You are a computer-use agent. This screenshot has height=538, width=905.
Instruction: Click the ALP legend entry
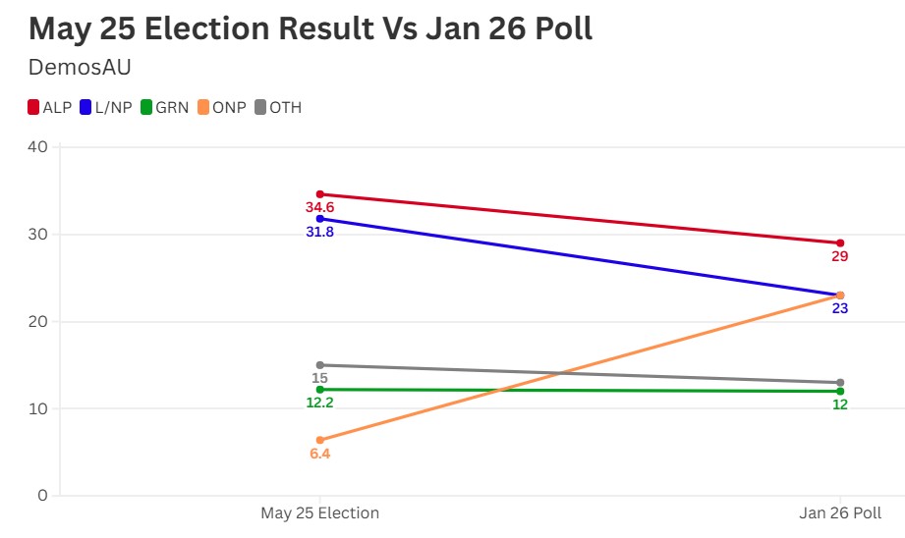tap(49, 108)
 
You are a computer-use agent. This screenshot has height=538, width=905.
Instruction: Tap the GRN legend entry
tap(164, 108)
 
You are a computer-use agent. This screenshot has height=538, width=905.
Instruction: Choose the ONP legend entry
tap(221, 108)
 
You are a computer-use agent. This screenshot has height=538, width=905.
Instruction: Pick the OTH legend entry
tap(278, 108)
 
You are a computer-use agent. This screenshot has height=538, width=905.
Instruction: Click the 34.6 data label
tap(319, 208)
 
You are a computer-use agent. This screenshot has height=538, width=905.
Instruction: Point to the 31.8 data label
tap(319, 233)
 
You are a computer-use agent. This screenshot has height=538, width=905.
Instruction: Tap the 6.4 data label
tap(319, 455)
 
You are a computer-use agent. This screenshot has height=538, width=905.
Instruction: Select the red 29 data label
tap(840, 257)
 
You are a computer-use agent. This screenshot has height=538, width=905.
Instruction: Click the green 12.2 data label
tap(319, 403)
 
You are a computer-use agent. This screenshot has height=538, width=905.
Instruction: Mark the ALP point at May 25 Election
tap(319, 194)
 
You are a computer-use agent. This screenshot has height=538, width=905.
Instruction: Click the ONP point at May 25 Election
tap(319, 440)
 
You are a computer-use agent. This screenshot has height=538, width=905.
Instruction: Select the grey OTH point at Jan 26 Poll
tap(840, 382)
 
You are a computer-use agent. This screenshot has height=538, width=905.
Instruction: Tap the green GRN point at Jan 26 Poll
tap(840, 392)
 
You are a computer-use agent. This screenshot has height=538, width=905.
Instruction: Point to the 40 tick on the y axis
tap(37, 147)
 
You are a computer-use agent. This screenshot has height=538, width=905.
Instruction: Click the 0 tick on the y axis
tap(42, 496)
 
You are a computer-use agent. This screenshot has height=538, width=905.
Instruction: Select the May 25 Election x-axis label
tap(319, 513)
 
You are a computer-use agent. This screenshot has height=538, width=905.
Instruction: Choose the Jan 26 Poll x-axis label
tap(840, 513)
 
